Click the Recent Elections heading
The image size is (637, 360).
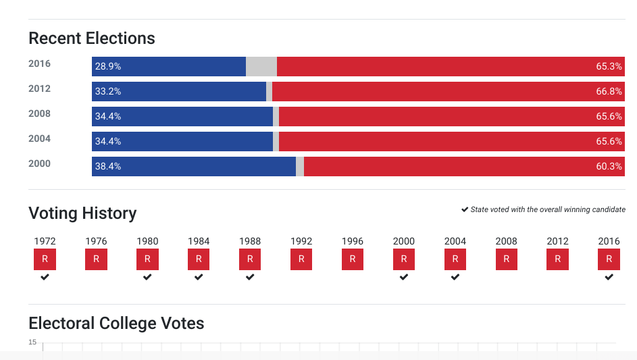(x=92, y=38)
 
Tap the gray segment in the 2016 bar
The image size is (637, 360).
(x=261, y=66)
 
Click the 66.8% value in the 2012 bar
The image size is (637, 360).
(x=609, y=92)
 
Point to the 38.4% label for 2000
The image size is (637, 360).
(x=108, y=166)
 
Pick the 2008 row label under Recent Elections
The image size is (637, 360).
(x=39, y=113)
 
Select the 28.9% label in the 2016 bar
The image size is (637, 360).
(x=108, y=67)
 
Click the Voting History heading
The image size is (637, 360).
(x=82, y=213)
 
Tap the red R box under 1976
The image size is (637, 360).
(x=96, y=259)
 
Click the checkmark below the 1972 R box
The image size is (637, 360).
(x=45, y=277)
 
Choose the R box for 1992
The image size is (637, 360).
(x=301, y=259)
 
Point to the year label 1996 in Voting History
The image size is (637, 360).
(x=353, y=241)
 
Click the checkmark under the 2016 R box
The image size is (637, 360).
(x=609, y=277)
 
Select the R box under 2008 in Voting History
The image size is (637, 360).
(x=506, y=259)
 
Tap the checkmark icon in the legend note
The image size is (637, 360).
(x=465, y=209)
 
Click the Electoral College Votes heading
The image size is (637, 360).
(x=116, y=324)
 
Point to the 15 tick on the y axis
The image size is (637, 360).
(x=32, y=342)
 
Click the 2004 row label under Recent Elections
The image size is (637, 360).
(x=39, y=138)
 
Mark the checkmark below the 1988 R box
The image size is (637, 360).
(x=250, y=277)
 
